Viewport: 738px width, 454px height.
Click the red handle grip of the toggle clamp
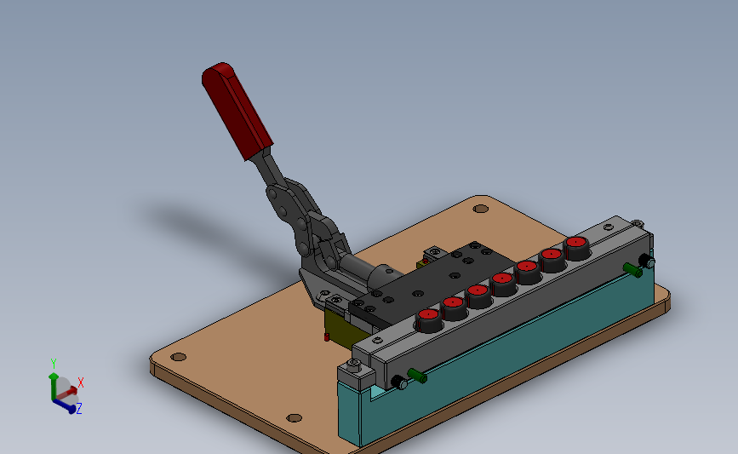237,110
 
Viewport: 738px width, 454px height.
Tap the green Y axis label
54,364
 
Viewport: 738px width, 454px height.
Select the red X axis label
81,382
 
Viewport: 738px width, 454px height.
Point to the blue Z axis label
79,408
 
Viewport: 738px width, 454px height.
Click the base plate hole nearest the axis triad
179,357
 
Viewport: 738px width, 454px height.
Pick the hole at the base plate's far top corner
481,208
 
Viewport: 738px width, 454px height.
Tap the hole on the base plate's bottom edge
295,417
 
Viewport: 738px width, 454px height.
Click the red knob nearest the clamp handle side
429,320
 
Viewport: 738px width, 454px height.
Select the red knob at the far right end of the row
576,248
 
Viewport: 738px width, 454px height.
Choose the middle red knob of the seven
502,284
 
